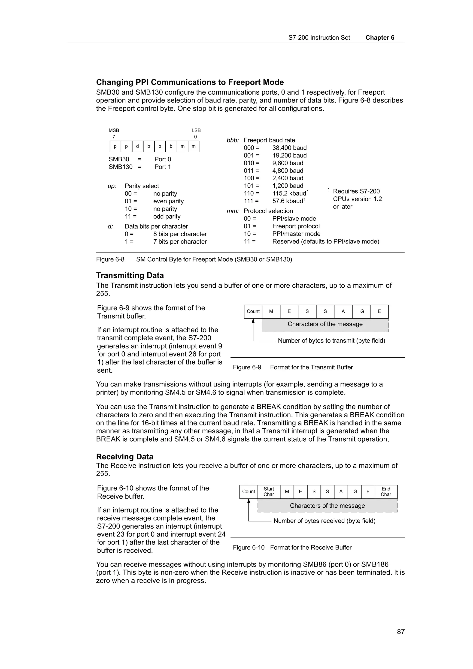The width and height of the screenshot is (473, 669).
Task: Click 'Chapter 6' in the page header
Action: pos(380,38)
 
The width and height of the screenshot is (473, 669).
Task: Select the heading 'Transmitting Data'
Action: pos(130,275)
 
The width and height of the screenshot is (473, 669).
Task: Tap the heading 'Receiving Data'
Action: pos(124,457)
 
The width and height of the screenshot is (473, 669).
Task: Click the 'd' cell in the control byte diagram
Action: pos(138,147)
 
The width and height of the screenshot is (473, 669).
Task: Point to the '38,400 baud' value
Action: pos(289,148)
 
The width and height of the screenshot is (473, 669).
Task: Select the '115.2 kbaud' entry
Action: pos(289,193)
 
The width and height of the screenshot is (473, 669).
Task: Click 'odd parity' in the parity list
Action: pos(167,217)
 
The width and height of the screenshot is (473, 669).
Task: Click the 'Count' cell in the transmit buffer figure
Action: pos(253,311)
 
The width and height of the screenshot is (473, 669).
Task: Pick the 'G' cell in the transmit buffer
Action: pos(362,311)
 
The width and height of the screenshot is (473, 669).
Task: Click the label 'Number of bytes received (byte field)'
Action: pos(324,521)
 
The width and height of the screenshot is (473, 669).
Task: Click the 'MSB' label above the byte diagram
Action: pos(114,130)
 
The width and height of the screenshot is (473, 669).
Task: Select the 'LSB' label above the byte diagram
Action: pos(196,130)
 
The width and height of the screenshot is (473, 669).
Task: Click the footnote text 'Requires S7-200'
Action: pos(356,191)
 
